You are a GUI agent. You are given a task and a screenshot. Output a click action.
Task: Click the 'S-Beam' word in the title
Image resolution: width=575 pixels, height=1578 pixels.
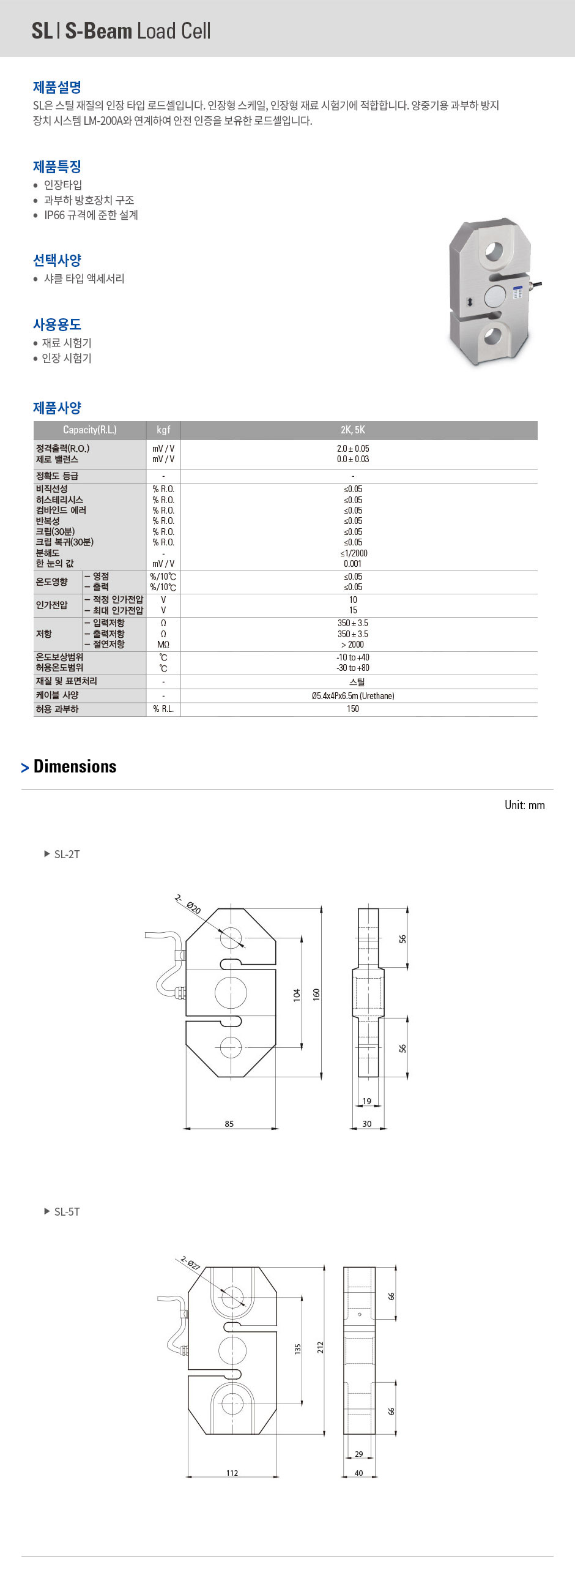click(98, 31)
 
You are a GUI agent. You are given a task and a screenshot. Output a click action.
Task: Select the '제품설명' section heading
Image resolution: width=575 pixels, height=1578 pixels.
click(57, 87)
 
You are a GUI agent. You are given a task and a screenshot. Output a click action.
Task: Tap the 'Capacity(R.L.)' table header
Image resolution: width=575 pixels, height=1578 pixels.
click(89, 430)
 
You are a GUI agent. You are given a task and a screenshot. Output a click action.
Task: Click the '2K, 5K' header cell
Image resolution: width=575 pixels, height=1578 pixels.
click(353, 430)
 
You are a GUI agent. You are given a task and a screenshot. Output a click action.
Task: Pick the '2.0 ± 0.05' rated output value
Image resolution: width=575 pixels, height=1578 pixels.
click(353, 449)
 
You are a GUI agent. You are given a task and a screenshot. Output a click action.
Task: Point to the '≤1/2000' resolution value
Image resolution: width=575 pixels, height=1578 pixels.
click(354, 553)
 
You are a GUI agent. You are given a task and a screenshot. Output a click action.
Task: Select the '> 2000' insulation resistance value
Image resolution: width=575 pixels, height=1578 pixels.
click(353, 645)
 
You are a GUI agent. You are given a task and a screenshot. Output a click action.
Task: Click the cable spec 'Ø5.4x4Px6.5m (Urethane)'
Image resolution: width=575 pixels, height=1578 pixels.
click(353, 696)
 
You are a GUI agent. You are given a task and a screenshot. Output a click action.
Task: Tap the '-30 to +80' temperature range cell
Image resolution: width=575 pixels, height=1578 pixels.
click(353, 668)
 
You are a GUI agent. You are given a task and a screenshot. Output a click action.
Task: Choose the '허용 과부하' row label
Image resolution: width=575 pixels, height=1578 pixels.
click(57, 709)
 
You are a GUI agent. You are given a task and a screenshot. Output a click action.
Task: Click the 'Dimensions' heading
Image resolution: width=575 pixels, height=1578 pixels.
click(75, 766)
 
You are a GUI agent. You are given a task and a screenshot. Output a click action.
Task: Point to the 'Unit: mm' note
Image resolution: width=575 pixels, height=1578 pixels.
click(524, 805)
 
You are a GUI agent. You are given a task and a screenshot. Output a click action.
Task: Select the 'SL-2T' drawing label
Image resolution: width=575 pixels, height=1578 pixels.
click(67, 854)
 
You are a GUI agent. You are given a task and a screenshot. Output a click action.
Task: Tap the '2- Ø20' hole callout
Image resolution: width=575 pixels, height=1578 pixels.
click(187, 903)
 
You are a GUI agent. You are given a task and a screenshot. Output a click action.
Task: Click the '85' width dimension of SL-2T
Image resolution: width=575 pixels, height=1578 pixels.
click(229, 1123)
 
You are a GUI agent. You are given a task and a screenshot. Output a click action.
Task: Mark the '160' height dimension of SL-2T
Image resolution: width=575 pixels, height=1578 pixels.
click(317, 994)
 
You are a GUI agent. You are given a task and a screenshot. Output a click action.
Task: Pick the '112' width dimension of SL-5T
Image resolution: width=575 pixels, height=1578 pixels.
click(232, 1473)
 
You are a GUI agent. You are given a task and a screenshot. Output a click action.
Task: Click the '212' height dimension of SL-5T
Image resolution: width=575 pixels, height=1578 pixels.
click(320, 1347)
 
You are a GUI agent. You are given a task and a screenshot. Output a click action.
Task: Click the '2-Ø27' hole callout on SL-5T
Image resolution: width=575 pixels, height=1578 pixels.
click(190, 1263)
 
